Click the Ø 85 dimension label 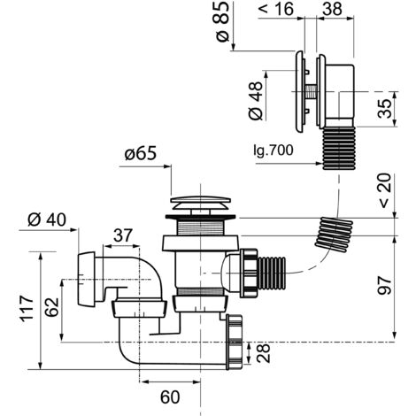(x=222, y=21)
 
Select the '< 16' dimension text (x=276, y=9)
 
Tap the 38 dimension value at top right (x=332, y=9)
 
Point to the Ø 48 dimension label (x=256, y=101)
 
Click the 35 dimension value (x=384, y=109)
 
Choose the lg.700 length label (x=273, y=150)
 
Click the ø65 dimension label (x=141, y=154)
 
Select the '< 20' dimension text (x=384, y=191)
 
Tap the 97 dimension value (x=384, y=286)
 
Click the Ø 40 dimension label (x=47, y=220)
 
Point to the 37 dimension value (x=123, y=235)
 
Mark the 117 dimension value (x=27, y=308)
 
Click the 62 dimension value (x=53, y=307)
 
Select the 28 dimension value (x=264, y=353)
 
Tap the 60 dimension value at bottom (x=170, y=397)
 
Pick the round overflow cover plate (x=299, y=92)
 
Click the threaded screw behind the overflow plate (x=311, y=92)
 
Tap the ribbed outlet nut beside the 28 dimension (x=235, y=342)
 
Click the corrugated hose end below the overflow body (x=339, y=149)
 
